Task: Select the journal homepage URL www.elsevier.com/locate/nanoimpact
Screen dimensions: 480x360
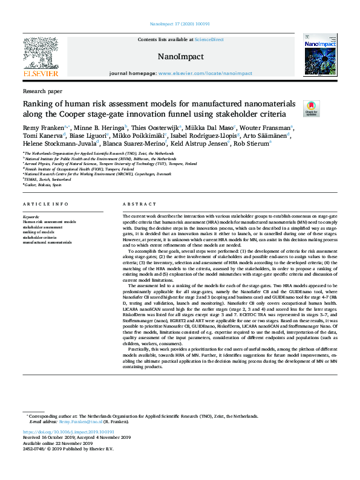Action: click(x=205, y=73)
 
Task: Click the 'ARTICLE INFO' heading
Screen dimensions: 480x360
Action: click(x=46, y=204)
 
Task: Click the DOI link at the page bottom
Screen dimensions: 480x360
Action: click(x=68, y=432)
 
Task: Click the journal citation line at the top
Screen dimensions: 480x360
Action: click(x=180, y=24)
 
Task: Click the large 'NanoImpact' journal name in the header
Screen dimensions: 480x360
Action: click(x=180, y=57)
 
